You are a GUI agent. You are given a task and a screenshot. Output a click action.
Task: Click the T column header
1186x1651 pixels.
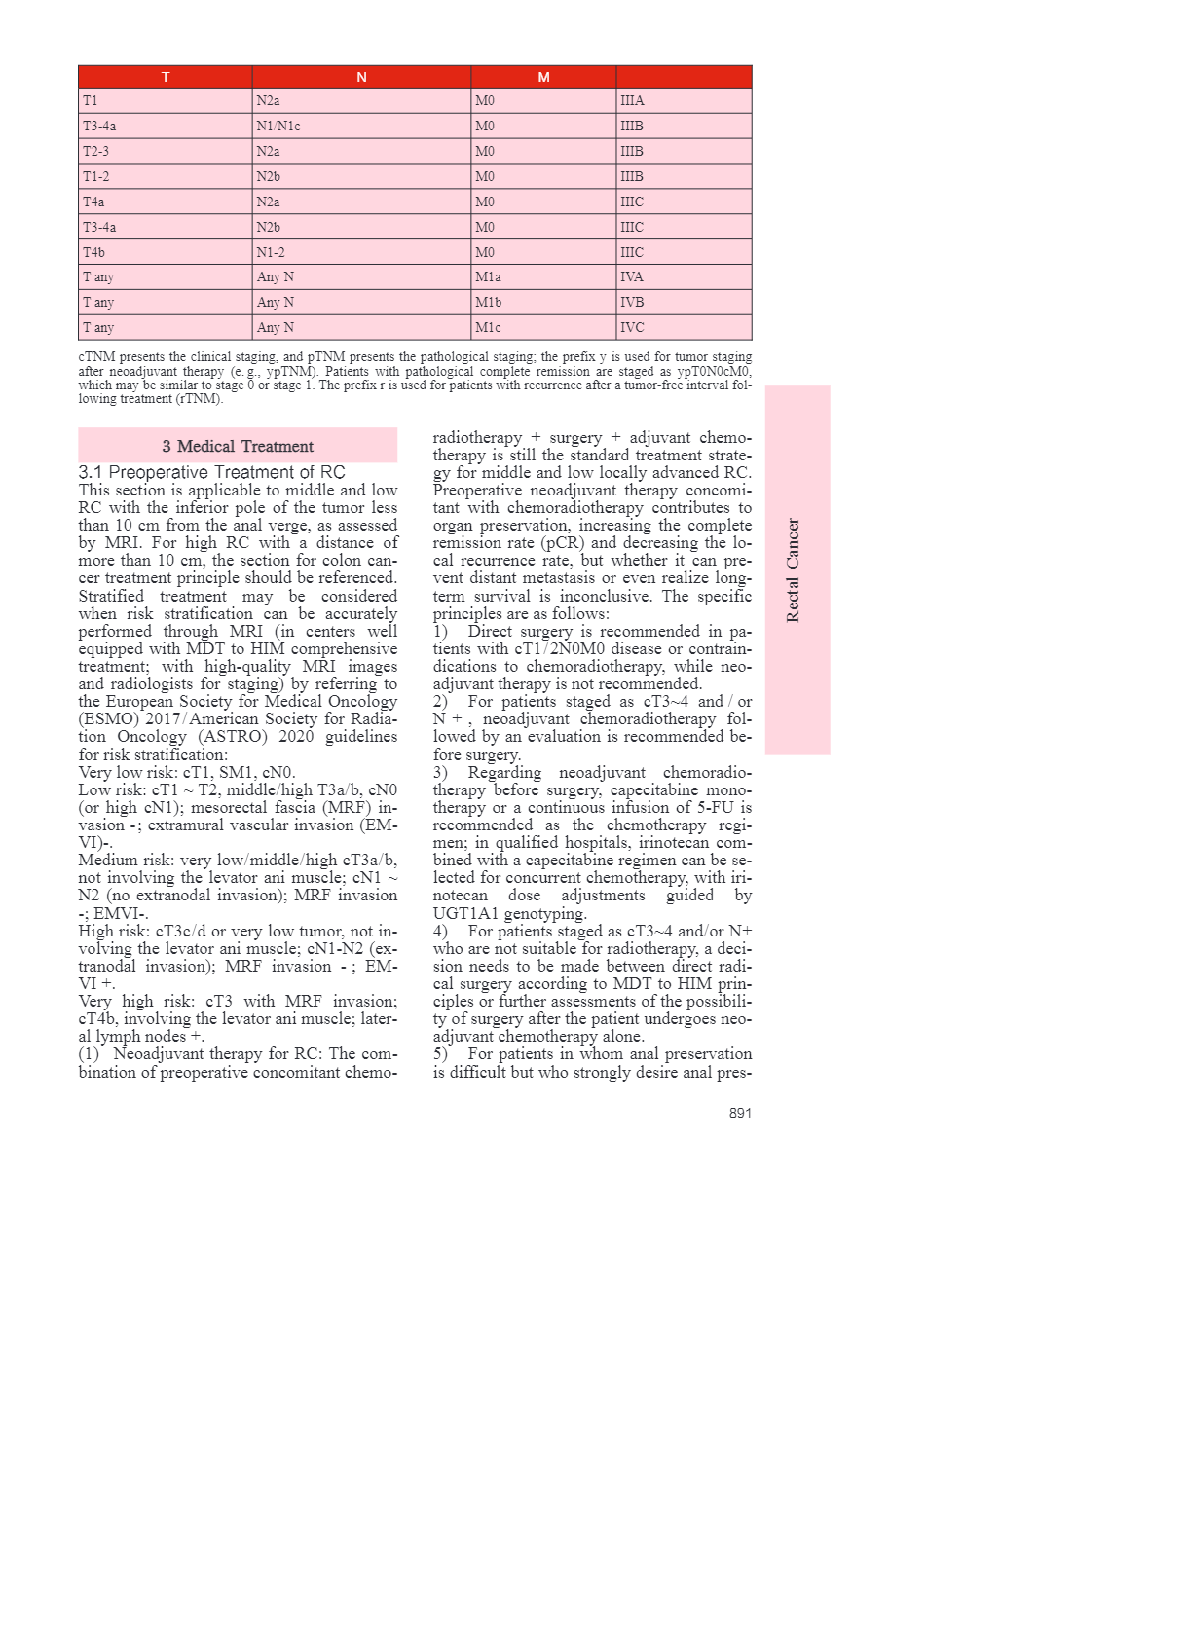click(x=166, y=77)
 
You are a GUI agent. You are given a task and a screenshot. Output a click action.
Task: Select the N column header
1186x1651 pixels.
click(x=361, y=77)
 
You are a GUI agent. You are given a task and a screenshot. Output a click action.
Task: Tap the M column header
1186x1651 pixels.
click(x=543, y=77)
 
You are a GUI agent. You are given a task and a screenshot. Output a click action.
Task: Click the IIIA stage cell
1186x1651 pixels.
click(x=633, y=101)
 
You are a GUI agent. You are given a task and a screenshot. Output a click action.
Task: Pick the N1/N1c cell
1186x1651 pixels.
click(x=278, y=127)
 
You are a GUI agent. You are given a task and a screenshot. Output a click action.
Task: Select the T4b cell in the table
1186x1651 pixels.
click(x=94, y=252)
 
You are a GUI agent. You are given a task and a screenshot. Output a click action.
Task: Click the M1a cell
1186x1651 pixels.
click(x=489, y=277)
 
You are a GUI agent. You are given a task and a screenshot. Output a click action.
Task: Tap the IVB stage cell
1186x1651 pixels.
click(x=633, y=303)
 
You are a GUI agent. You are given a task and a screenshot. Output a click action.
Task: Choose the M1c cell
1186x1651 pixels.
click(x=489, y=328)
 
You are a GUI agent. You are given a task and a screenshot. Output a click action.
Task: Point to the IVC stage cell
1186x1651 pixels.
click(x=633, y=328)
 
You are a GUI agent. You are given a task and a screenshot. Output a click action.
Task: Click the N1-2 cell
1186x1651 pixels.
click(x=271, y=252)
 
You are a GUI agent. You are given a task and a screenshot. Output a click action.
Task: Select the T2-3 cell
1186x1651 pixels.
click(x=96, y=152)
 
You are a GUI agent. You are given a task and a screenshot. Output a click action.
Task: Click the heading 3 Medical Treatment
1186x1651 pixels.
click(x=238, y=447)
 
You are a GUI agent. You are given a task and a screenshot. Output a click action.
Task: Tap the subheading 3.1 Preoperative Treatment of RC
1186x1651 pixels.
click(x=211, y=472)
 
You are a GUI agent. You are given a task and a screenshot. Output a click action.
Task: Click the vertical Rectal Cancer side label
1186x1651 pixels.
click(x=794, y=570)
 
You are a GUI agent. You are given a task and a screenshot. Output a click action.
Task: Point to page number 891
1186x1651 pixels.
click(x=740, y=1113)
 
